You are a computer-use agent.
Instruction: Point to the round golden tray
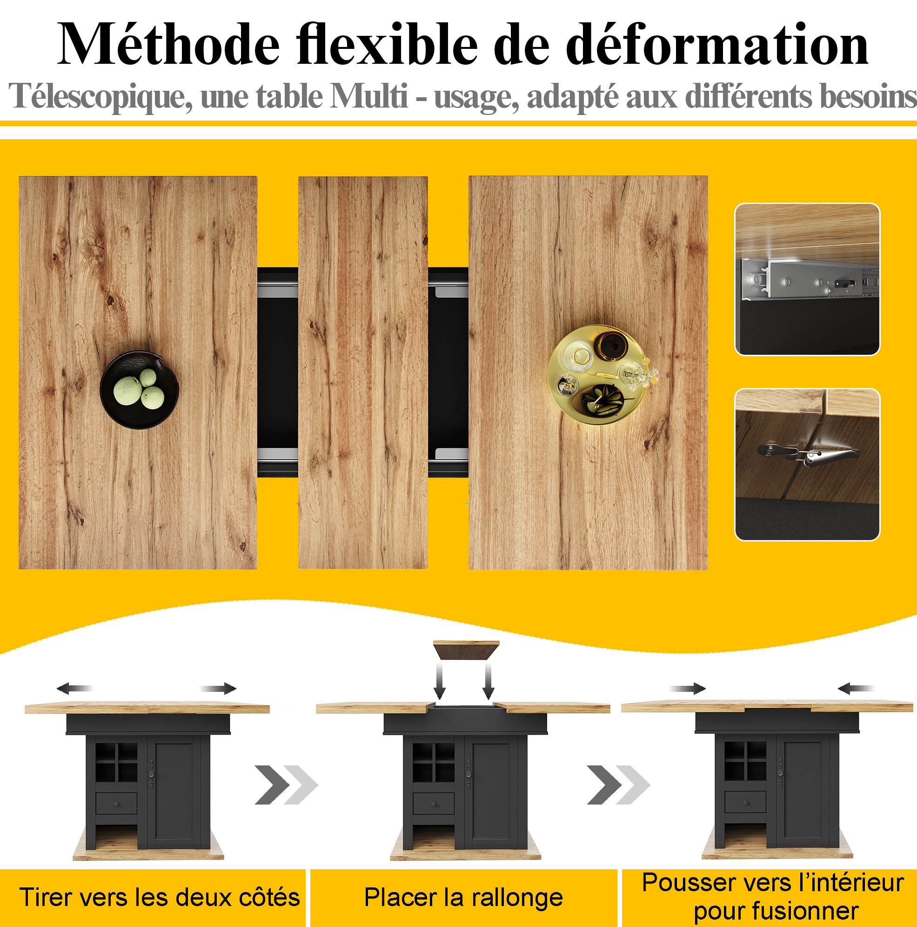point(599,375)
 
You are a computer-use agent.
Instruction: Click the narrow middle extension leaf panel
point(363,372)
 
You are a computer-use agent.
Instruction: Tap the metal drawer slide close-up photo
point(807,279)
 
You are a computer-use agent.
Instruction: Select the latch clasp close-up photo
point(807,465)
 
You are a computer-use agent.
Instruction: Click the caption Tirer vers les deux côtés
point(160,897)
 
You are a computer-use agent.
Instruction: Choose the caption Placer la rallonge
point(463,898)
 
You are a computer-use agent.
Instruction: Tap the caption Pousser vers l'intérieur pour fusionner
point(773,896)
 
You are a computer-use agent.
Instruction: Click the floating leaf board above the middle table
point(466,650)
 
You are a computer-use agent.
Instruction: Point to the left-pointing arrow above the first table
point(75,689)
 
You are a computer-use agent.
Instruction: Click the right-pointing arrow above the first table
point(218,689)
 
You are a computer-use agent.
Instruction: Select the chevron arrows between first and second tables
point(286,785)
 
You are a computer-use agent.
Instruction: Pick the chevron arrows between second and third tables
point(619,785)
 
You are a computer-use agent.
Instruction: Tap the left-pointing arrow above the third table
point(856,689)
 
